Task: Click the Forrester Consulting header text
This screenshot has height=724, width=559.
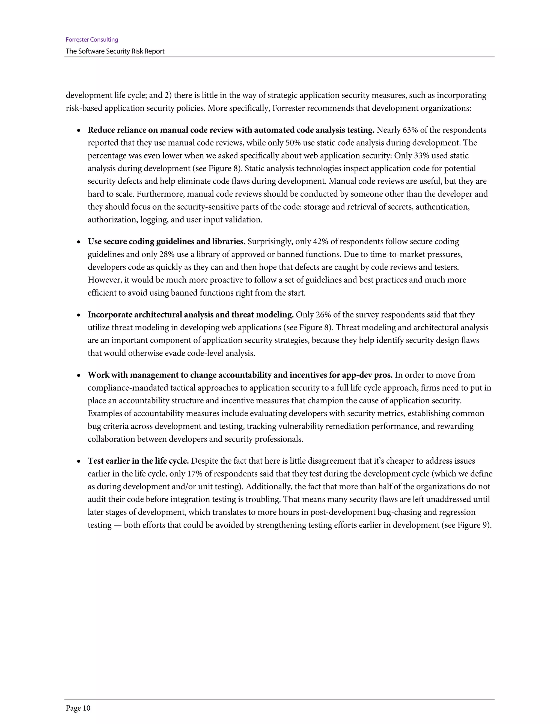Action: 92,40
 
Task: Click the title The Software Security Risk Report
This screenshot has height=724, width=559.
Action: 115,51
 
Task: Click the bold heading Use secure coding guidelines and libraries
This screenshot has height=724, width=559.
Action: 166,242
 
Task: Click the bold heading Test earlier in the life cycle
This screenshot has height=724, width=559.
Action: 138,461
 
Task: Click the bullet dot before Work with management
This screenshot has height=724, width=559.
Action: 79,376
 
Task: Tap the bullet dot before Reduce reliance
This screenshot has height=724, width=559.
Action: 79,131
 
